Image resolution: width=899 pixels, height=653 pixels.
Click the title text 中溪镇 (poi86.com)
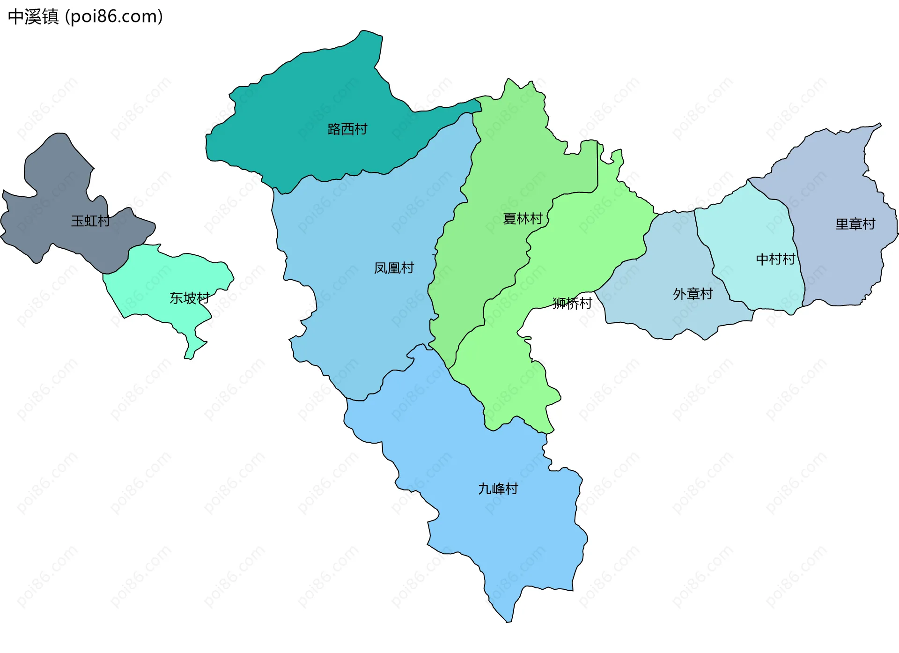coord(85,16)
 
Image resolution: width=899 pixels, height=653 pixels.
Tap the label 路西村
coord(347,129)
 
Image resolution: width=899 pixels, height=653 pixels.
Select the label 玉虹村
coord(90,221)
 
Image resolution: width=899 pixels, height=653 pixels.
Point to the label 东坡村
coord(189,298)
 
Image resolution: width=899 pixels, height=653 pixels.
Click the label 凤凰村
coord(394,268)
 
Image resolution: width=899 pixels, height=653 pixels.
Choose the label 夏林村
coord(523,218)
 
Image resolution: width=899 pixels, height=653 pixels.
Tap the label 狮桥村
coord(572,303)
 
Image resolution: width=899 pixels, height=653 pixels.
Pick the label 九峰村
coord(498,489)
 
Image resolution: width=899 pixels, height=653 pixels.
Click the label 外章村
coord(693,294)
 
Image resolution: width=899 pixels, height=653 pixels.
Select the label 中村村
coord(775,259)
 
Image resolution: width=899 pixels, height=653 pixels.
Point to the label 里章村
coord(855,224)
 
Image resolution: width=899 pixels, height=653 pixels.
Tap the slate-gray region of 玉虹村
coord(52,178)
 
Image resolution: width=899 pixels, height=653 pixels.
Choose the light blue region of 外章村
coord(670,253)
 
